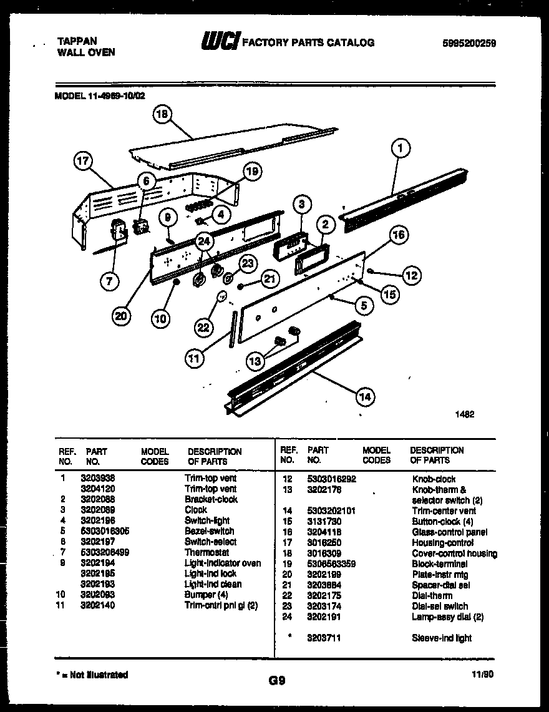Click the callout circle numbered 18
[162, 114]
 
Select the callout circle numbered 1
[401, 148]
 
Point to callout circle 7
[109, 281]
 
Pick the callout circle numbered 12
[411, 275]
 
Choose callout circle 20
[122, 316]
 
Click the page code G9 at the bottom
[274, 681]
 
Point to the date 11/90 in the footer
[483, 675]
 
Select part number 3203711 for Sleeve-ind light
[323, 638]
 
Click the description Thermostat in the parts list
[206, 552]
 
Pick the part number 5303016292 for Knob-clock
[331, 479]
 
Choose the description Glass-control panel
[449, 532]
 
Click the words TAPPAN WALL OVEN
[86, 47]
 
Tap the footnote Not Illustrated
[94, 675]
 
